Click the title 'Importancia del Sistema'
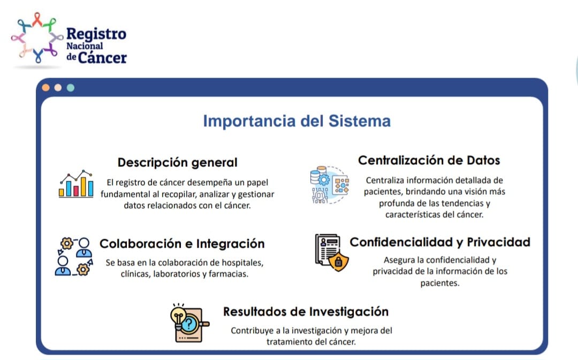(x=296, y=121)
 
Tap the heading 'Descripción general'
(x=177, y=162)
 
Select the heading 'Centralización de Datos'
(x=429, y=160)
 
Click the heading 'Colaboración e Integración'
(x=182, y=244)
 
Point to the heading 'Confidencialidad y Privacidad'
(x=440, y=242)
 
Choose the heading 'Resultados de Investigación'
(x=306, y=311)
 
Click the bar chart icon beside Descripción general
(x=76, y=184)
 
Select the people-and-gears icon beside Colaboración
(x=73, y=256)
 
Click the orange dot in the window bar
(x=46, y=87)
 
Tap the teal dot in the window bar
(x=70, y=87)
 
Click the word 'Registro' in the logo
(x=96, y=34)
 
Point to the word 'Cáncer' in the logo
(x=102, y=57)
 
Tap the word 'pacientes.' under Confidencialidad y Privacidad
(x=439, y=284)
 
